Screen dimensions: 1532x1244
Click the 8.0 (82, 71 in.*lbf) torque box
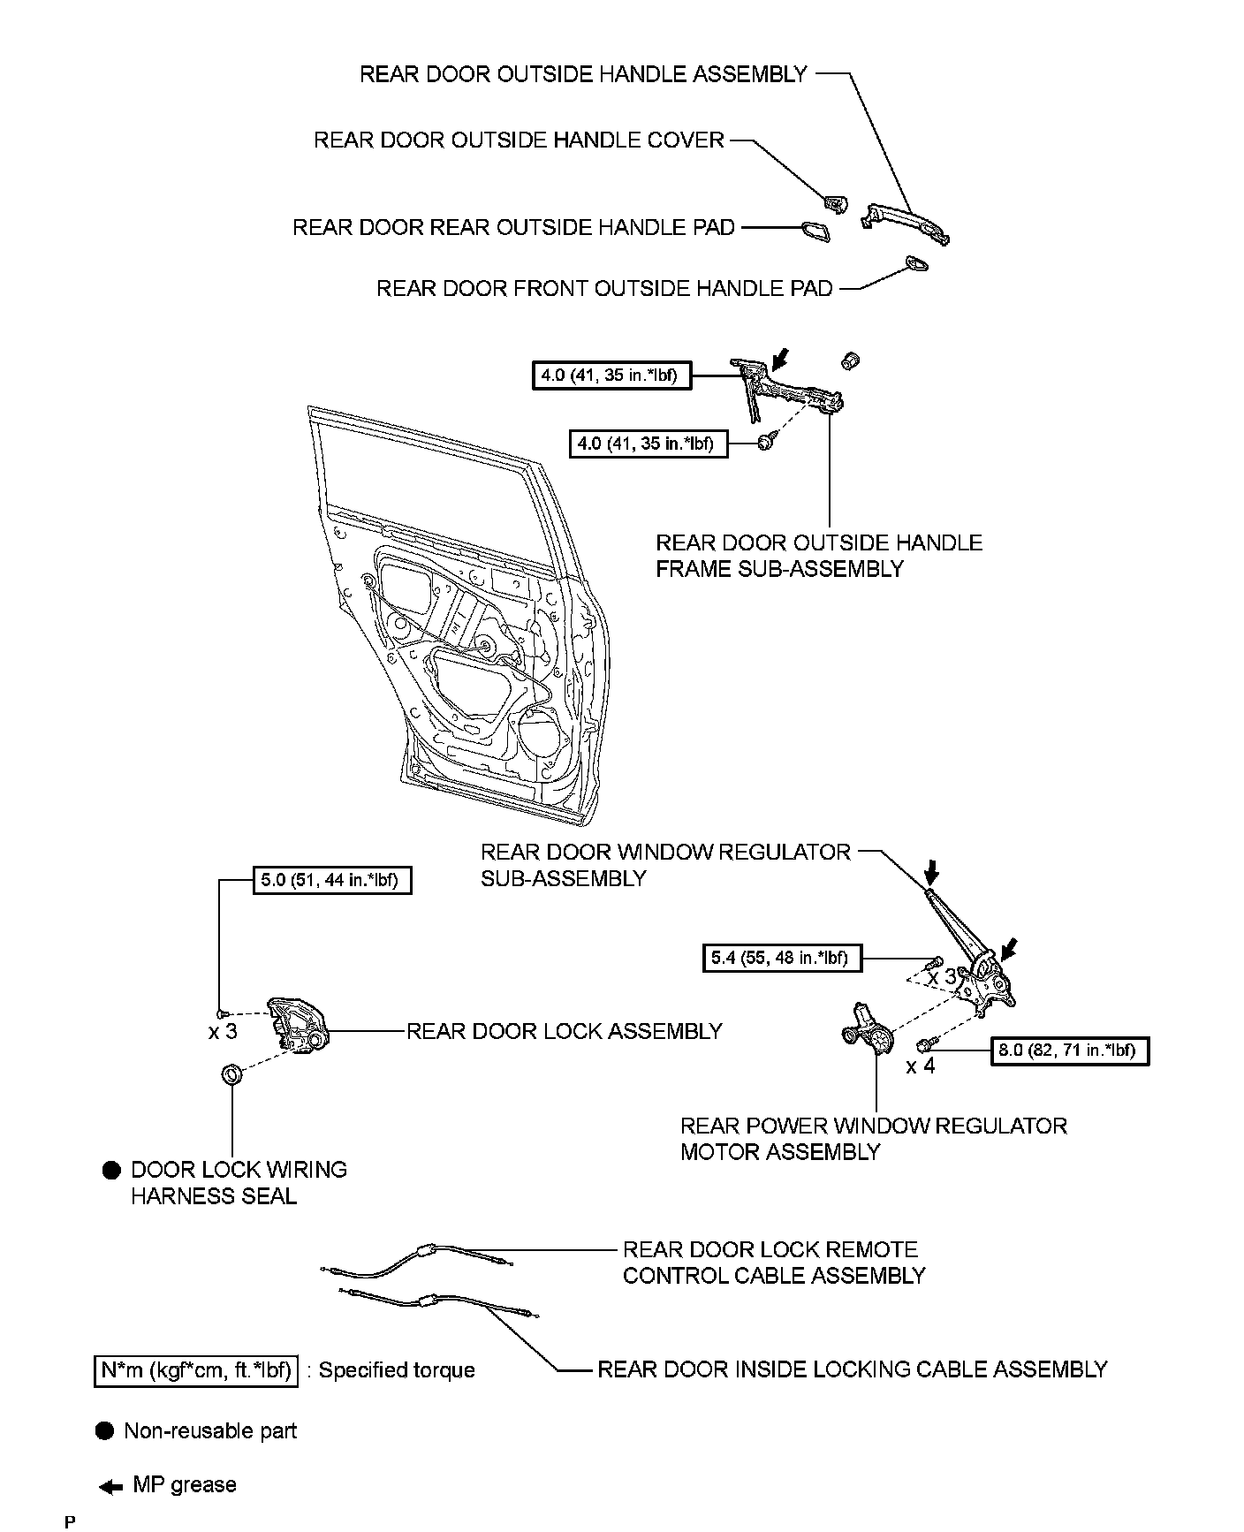pyautogui.click(x=1070, y=1051)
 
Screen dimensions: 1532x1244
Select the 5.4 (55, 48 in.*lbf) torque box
pyautogui.click(x=781, y=959)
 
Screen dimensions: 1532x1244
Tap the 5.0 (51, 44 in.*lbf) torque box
pyautogui.click(x=332, y=881)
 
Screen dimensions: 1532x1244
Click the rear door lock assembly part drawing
pyautogui.click(x=299, y=1026)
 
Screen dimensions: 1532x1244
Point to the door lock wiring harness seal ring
pyautogui.click(x=231, y=1075)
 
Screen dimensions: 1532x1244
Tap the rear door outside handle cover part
pyautogui.click(x=834, y=203)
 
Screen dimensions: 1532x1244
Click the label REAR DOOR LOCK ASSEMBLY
pyautogui.click(x=564, y=1031)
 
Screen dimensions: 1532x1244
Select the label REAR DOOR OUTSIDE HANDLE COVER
pyautogui.click(x=519, y=140)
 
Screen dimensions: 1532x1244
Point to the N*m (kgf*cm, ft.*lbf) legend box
pyautogui.click(x=195, y=1370)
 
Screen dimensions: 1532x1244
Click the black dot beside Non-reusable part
pyautogui.click(x=105, y=1431)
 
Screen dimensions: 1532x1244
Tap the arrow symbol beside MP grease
pyautogui.click(x=111, y=1487)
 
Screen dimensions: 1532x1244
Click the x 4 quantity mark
pyautogui.click(x=920, y=1066)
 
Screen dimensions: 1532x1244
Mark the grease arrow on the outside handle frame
pyautogui.click(x=780, y=358)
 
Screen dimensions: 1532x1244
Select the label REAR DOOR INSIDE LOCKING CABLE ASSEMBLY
pyautogui.click(x=852, y=1369)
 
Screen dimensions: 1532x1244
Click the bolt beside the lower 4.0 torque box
pyautogui.click(x=766, y=442)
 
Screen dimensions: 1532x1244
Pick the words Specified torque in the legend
pyautogui.click(x=397, y=1370)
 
